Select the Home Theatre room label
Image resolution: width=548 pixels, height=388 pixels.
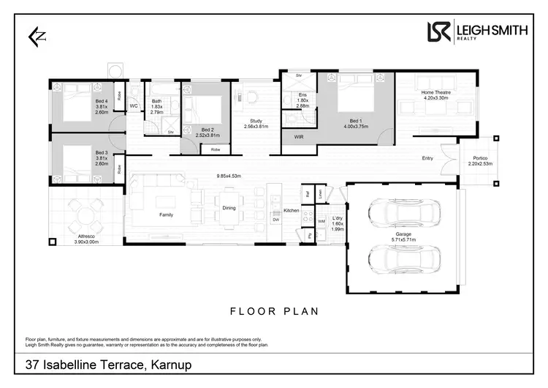pos(436,96)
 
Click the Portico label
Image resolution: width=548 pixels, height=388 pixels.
pos(480,161)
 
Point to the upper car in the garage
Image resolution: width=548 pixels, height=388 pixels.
pos(400,213)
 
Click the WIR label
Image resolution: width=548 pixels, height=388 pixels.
pos(299,137)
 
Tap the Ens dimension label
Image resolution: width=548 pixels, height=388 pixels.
pos(302,100)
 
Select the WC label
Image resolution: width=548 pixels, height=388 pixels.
pos(134,106)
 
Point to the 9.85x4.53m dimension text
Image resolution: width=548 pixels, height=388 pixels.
pos(229,176)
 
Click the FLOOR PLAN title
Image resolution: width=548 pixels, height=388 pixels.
pos(275,311)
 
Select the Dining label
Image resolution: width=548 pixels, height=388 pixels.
pos(229,208)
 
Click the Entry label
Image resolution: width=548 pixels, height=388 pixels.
pos(428,158)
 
